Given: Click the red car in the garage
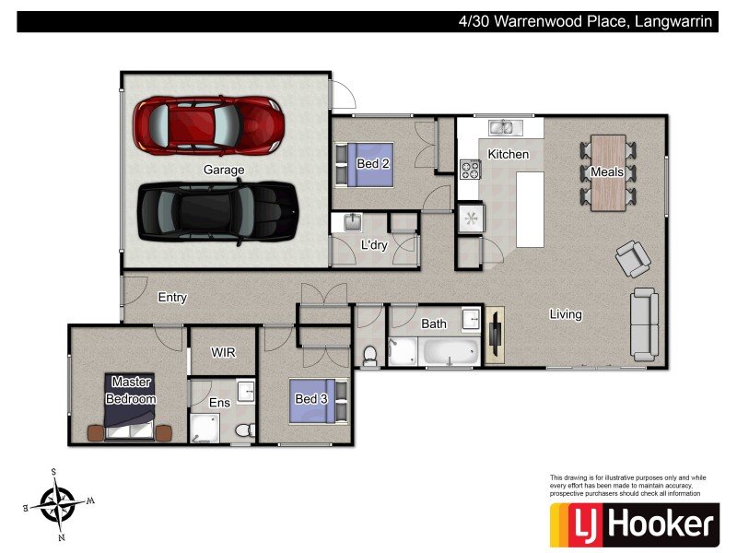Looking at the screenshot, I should pyautogui.click(x=208, y=125).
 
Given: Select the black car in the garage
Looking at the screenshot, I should pyautogui.click(x=218, y=211).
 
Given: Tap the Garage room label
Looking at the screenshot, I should pyautogui.click(x=224, y=171).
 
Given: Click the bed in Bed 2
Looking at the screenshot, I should pyautogui.click(x=367, y=164).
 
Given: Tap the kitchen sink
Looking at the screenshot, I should pyautogui.click(x=501, y=127).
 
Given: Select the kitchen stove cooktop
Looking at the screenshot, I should pyautogui.click(x=470, y=170).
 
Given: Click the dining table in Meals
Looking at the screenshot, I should pyautogui.click(x=607, y=171).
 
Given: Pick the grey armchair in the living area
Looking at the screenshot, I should pyautogui.click(x=634, y=259).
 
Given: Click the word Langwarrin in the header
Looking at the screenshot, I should pyautogui.click(x=674, y=21).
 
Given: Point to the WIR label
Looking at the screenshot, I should pyautogui.click(x=224, y=353).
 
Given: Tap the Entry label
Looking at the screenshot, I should pyautogui.click(x=172, y=298).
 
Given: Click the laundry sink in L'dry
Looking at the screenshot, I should pyautogui.click(x=354, y=223).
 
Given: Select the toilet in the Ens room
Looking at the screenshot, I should pyautogui.click(x=244, y=429).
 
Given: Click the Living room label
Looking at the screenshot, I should pyautogui.click(x=566, y=314).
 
